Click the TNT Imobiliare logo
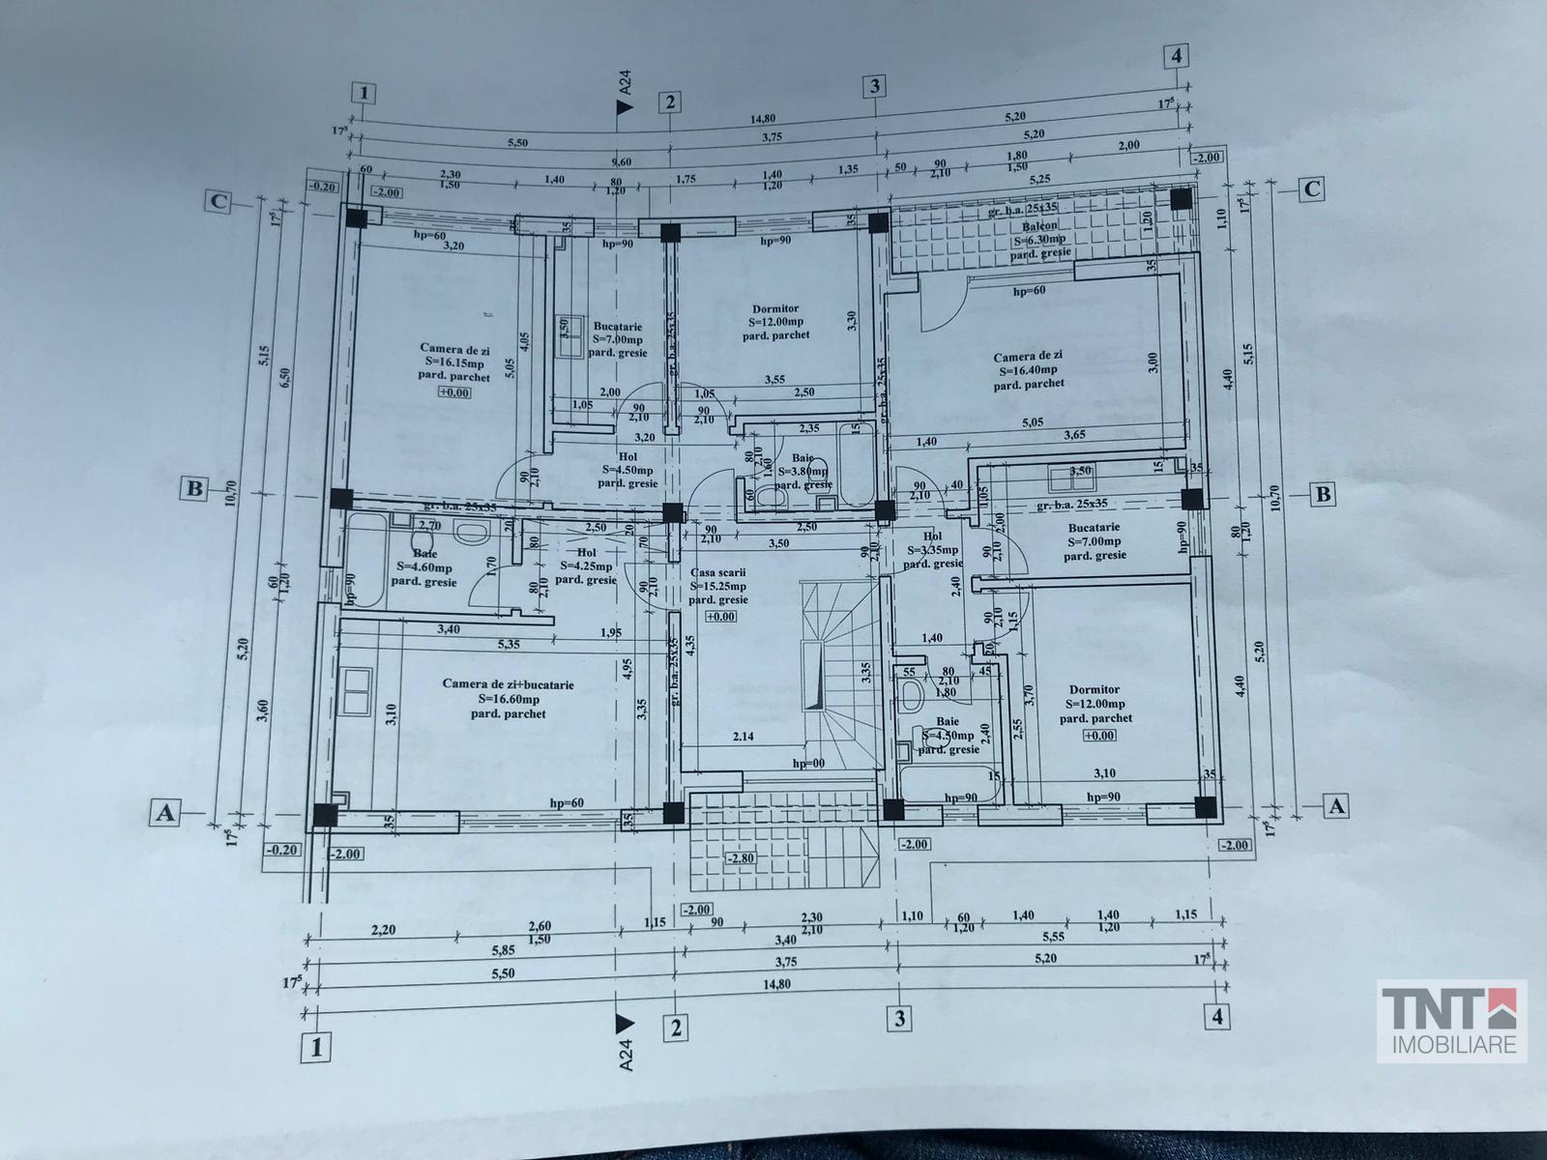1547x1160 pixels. (x=1451, y=1021)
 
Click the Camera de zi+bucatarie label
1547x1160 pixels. (x=508, y=699)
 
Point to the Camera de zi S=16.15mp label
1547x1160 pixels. (x=453, y=362)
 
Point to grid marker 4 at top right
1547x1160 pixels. (x=1176, y=56)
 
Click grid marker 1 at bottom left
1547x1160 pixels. (x=313, y=1046)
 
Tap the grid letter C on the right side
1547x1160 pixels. (x=1312, y=188)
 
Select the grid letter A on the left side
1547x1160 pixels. (x=166, y=814)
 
